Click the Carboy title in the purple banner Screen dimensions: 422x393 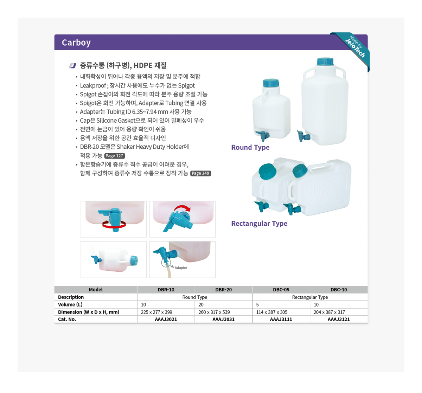(x=76, y=43)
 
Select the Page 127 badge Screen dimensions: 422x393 (x=115, y=156)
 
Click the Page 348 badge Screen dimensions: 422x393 (x=200, y=173)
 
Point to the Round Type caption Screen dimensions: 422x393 (x=250, y=147)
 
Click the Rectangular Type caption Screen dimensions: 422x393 (x=259, y=223)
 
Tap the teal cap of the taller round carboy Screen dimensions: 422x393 (x=325, y=62)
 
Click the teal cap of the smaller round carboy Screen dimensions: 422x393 (x=271, y=83)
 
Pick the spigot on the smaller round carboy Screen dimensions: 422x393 (x=263, y=136)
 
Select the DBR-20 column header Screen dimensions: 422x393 (x=223, y=290)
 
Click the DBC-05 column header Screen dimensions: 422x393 (x=281, y=290)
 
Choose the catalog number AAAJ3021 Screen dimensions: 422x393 (x=166, y=319)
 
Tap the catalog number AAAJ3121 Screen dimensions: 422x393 (x=339, y=319)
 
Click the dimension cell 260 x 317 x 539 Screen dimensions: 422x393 (x=214, y=312)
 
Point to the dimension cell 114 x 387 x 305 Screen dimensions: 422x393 (x=271, y=312)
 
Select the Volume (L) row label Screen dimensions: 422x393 (x=70, y=304)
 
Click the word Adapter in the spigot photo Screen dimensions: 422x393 (x=181, y=268)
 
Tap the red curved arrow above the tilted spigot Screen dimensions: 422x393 (x=182, y=207)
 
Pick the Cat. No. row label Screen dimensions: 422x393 (x=67, y=319)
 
